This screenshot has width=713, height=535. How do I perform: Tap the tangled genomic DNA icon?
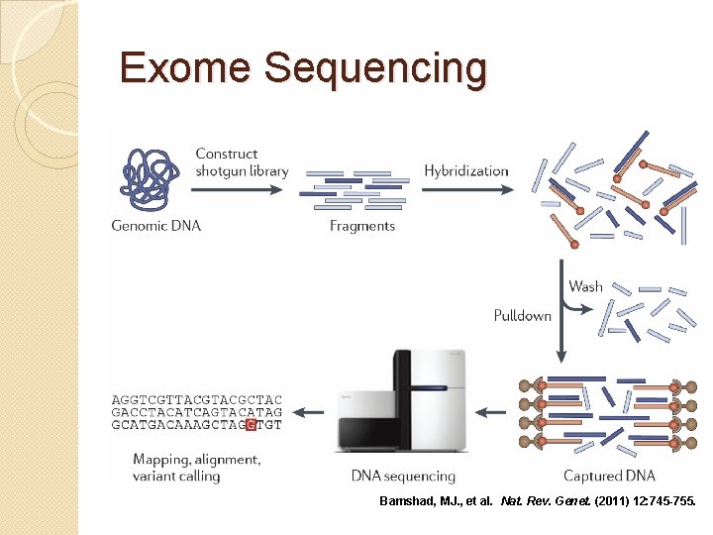tap(152, 179)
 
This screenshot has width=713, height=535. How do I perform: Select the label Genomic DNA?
tap(156, 226)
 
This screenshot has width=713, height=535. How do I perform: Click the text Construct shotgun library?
tap(242, 161)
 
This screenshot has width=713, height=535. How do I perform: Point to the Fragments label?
tap(362, 226)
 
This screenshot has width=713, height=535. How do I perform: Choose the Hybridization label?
tap(465, 170)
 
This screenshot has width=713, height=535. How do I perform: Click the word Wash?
tap(585, 286)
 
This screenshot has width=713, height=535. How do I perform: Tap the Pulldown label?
tap(522, 316)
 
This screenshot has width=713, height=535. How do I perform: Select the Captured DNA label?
tap(609, 477)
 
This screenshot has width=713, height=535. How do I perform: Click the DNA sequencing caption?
tap(403, 477)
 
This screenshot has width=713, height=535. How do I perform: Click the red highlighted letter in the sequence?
tap(252, 425)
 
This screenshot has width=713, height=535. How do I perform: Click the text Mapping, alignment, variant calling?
tap(197, 468)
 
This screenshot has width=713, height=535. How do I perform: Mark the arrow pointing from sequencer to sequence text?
tap(315, 411)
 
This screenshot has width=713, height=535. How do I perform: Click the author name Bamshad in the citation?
tap(410, 502)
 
